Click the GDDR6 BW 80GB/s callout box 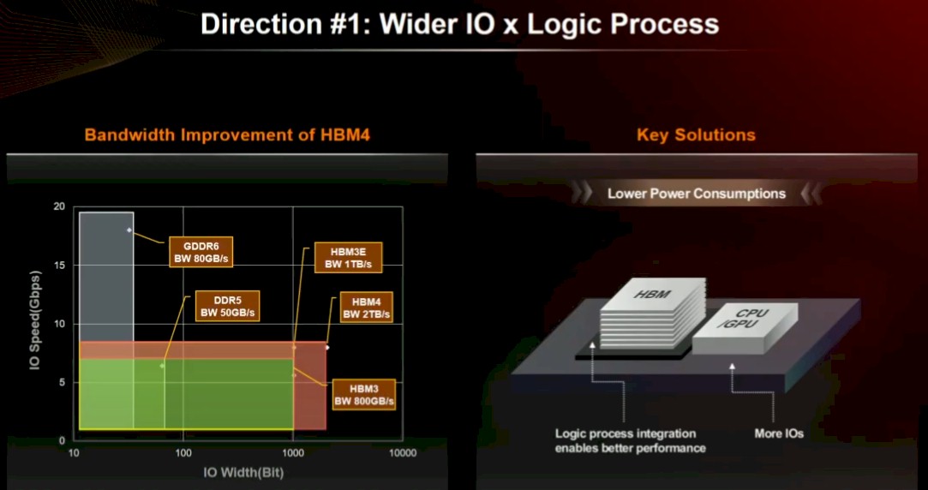pyautogui.click(x=201, y=252)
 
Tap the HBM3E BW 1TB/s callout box pyautogui.click(x=347, y=258)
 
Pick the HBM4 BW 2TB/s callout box pyautogui.click(x=367, y=308)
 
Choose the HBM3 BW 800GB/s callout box pyautogui.click(x=364, y=395)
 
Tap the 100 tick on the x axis pyautogui.click(x=183, y=453)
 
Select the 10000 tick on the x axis pyautogui.click(x=402, y=453)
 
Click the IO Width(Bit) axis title pyautogui.click(x=243, y=473)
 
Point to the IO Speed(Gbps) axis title pyautogui.click(x=35, y=322)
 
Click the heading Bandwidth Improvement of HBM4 pyautogui.click(x=227, y=135)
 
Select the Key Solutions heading pyautogui.click(x=696, y=135)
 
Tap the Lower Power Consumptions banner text pyautogui.click(x=697, y=194)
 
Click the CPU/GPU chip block pyautogui.click(x=745, y=328)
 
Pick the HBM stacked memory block pyautogui.click(x=653, y=314)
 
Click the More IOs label pyautogui.click(x=779, y=433)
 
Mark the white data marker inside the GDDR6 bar pyautogui.click(x=129, y=230)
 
